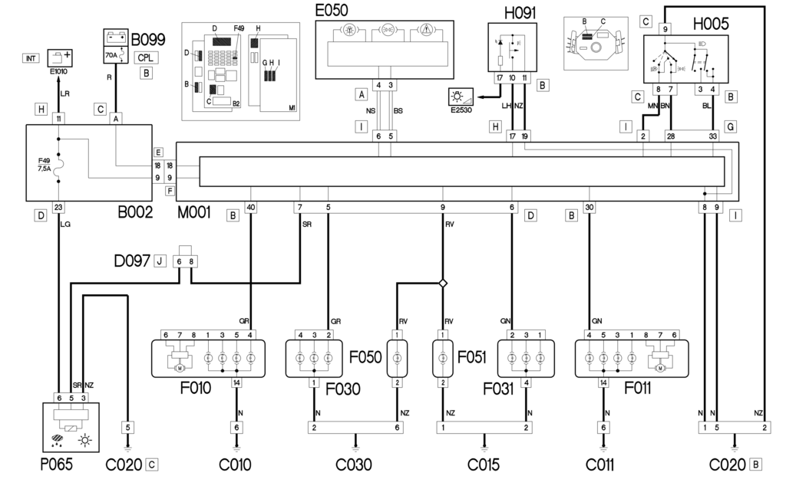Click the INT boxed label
pos(31,57)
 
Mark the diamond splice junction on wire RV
pos(443,283)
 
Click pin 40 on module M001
pos(251,206)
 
